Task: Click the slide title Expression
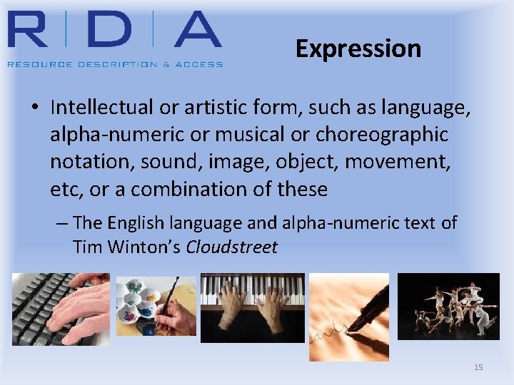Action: (358, 48)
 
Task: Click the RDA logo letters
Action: (114, 30)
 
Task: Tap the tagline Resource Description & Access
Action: (115, 64)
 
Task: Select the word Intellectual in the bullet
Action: (102, 108)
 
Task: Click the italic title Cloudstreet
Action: (231, 247)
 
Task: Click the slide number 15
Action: (478, 367)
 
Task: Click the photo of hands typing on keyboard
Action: (61, 309)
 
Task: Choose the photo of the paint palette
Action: (156, 306)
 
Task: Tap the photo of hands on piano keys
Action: (252, 307)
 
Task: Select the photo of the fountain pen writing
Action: (348, 317)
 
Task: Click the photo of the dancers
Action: (448, 306)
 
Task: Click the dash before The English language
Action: (62, 223)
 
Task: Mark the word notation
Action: (84, 162)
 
